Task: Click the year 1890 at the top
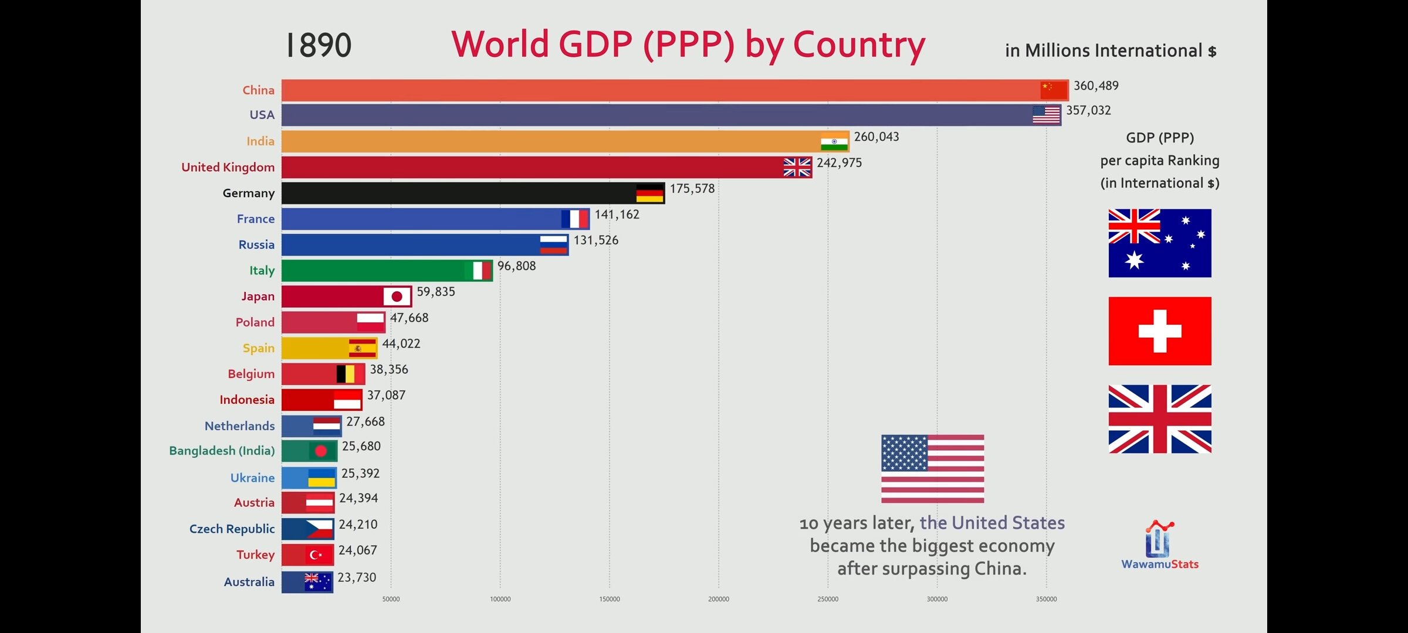pyautogui.click(x=319, y=46)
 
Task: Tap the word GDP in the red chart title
pyautogui.click(x=595, y=45)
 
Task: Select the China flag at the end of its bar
pyautogui.click(x=1054, y=90)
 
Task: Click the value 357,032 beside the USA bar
pyautogui.click(x=1088, y=111)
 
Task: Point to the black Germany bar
pyautogui.click(x=458, y=193)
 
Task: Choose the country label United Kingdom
pyautogui.click(x=228, y=168)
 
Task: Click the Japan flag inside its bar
pyautogui.click(x=397, y=297)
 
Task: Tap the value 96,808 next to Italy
pyautogui.click(x=516, y=266)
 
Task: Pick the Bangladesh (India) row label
pyautogui.click(x=222, y=451)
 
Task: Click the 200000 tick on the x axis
pyautogui.click(x=719, y=599)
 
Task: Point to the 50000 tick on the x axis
pyautogui.click(x=391, y=599)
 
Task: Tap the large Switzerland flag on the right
pyautogui.click(x=1159, y=331)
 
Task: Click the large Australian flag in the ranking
pyautogui.click(x=1159, y=243)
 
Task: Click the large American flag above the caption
pyautogui.click(x=932, y=469)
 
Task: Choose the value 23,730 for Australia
pyautogui.click(x=357, y=578)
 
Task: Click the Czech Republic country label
pyautogui.click(x=232, y=529)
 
